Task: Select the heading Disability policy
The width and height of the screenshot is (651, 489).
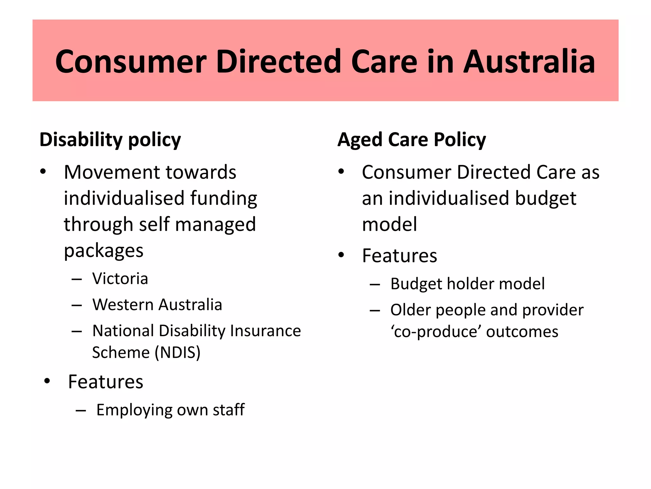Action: click(x=110, y=140)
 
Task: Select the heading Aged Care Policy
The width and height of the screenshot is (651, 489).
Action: click(x=412, y=140)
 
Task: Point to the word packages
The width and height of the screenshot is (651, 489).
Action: click(x=104, y=251)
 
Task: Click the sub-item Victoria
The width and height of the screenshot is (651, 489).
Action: click(x=120, y=279)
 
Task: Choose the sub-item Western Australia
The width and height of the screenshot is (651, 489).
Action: click(x=157, y=305)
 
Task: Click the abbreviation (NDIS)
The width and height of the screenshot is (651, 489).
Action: click(x=178, y=352)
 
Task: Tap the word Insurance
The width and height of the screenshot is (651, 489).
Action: click(x=265, y=331)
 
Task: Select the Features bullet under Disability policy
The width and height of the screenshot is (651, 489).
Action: click(x=106, y=382)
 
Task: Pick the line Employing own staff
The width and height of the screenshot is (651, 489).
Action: click(x=170, y=410)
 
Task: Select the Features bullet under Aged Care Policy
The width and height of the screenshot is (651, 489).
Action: click(x=400, y=255)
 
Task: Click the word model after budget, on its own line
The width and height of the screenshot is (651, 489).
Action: click(x=389, y=224)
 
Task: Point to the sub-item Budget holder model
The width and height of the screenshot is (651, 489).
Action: click(x=467, y=284)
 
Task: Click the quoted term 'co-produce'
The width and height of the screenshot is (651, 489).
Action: click(x=435, y=332)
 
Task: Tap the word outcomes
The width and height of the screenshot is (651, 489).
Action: click(x=522, y=332)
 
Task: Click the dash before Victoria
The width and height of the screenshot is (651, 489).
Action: click(x=77, y=279)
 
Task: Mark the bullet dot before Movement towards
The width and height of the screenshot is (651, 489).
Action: click(x=43, y=172)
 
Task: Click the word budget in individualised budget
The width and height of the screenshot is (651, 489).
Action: click(x=545, y=198)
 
